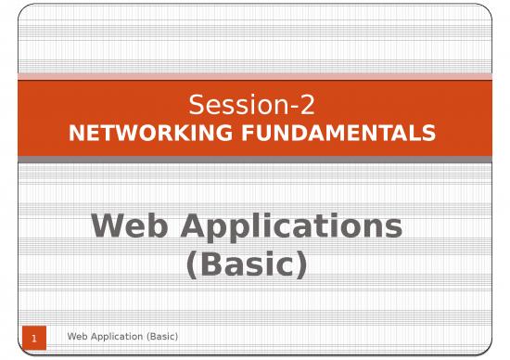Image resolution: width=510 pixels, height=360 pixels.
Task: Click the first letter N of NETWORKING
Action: pyautogui.click(x=77, y=134)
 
